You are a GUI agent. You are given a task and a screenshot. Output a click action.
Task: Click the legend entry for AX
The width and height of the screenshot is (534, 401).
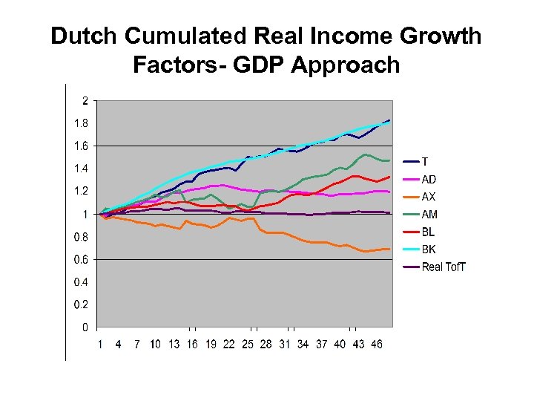pos(429,197)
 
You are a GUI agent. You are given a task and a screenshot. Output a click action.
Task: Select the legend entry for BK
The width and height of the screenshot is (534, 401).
pos(429,250)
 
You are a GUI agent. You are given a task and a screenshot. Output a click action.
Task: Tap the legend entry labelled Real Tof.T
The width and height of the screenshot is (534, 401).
pos(444,267)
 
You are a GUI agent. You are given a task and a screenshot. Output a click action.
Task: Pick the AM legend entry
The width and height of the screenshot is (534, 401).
pos(429,214)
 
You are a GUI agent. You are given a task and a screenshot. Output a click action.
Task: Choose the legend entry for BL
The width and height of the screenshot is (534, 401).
pos(429,232)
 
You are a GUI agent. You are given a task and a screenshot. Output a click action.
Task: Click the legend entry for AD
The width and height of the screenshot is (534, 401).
pos(429,179)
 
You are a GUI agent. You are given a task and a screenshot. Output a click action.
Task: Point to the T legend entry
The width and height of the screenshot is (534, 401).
pos(425,161)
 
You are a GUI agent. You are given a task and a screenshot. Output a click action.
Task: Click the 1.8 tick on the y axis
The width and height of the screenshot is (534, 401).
pos(81,123)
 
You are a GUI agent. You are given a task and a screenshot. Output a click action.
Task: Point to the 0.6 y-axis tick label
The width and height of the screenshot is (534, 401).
pos(81,260)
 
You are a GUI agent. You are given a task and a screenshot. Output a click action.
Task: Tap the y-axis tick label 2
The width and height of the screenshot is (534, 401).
pos(85,100)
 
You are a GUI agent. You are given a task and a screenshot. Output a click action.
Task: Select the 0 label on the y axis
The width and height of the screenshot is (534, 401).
pos(85,327)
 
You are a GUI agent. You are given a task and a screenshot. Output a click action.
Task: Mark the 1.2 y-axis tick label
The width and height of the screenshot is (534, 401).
pos(81,192)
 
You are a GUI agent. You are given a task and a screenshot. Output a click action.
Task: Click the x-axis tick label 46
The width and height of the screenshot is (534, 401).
pos(376,345)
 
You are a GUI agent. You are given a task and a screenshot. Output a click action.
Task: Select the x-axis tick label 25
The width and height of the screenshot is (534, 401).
pos(247,345)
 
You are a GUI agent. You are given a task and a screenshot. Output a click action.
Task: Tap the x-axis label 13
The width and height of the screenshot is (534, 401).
pos(174,345)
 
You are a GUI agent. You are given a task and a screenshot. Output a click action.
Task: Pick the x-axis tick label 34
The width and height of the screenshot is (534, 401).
pos(303,345)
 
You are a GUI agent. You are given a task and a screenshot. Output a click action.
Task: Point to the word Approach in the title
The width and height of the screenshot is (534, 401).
pos(346,65)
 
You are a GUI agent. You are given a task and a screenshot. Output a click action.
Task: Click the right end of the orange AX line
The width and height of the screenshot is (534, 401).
pos(389,249)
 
